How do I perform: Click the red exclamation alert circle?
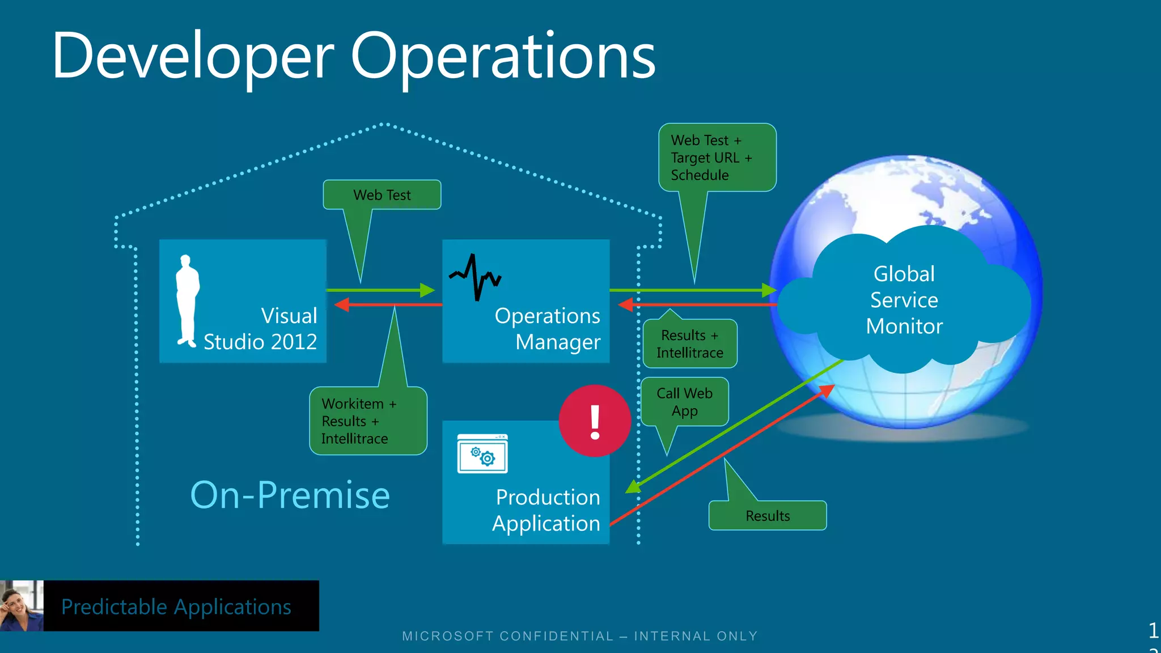pyautogui.click(x=595, y=421)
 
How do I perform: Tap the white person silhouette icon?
pyautogui.click(x=187, y=300)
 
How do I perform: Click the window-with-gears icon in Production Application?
pyautogui.click(x=482, y=453)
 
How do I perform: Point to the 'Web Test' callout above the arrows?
pyautogui.click(x=382, y=195)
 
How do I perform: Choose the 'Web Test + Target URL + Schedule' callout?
pyautogui.click(x=717, y=158)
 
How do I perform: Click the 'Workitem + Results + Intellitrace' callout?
pyautogui.click(x=368, y=421)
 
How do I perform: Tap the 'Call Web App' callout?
pyautogui.click(x=684, y=402)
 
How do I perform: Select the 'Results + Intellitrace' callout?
pyautogui.click(x=690, y=344)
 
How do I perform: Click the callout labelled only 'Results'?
pyautogui.click(x=768, y=516)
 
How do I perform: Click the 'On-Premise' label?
pyautogui.click(x=290, y=495)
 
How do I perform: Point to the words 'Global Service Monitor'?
pyautogui.click(x=904, y=300)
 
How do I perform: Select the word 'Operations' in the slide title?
pyautogui.click(x=503, y=57)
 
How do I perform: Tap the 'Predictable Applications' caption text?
pyautogui.click(x=176, y=607)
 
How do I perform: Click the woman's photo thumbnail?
pyautogui.click(x=22, y=605)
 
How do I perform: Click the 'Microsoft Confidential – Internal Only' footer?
pyautogui.click(x=580, y=636)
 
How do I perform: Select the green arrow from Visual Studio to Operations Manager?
pyautogui.click(x=380, y=290)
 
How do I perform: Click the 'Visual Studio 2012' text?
pyautogui.click(x=261, y=329)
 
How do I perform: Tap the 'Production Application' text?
pyautogui.click(x=546, y=510)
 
